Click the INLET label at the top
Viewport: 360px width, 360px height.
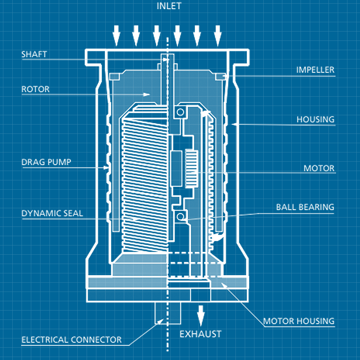pyautogui.click(x=169, y=6)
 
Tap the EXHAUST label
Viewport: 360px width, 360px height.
pyautogui.click(x=200, y=334)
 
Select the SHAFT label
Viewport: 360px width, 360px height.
pyautogui.click(x=34, y=54)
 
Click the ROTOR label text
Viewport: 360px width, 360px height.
pyautogui.click(x=35, y=89)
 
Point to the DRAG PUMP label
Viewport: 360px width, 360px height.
pyautogui.click(x=46, y=162)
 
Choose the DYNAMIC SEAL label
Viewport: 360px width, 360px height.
pyautogui.click(x=52, y=213)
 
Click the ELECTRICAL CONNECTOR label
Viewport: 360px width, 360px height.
pyautogui.click(x=71, y=340)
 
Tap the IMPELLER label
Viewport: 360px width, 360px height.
pyautogui.click(x=315, y=70)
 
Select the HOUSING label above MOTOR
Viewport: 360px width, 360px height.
pyautogui.click(x=315, y=119)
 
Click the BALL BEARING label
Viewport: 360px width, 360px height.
pyautogui.click(x=305, y=207)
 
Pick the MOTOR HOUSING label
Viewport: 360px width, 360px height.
pyautogui.click(x=299, y=321)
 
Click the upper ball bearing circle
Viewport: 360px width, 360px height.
pyautogui.click(x=180, y=112)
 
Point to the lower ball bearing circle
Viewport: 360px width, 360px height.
pyautogui.click(x=180, y=216)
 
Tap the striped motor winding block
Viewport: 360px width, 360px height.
pyautogui.click(x=191, y=169)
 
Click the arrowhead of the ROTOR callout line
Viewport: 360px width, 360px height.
pyautogui.click(x=147, y=94)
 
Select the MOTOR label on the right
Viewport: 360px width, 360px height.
pyautogui.click(x=319, y=168)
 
